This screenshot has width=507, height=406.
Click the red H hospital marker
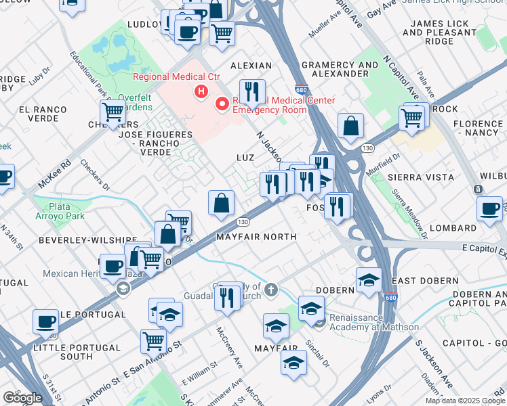click(201, 91)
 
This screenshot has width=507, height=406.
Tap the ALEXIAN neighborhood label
click(251, 66)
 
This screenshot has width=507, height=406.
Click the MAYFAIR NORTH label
click(256, 237)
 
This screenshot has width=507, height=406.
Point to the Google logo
click(22, 397)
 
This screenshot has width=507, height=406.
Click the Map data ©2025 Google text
click(465, 401)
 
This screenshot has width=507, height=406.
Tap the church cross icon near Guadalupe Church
click(271, 290)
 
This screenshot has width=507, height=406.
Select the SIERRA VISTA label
click(421, 177)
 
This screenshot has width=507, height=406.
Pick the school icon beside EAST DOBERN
click(368, 280)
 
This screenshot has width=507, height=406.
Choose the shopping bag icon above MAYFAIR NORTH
click(221, 203)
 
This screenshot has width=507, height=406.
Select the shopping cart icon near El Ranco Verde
click(113, 112)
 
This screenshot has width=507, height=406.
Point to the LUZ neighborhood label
click(245, 157)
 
